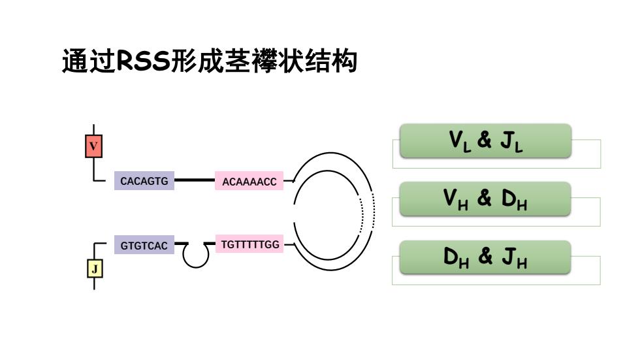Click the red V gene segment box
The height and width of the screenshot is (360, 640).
pyautogui.click(x=93, y=146)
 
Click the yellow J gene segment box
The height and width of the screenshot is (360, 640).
pyautogui.click(x=95, y=269)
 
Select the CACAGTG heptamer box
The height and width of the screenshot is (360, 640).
pyautogui.click(x=144, y=181)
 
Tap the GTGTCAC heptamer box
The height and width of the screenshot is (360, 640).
pyautogui.click(x=144, y=245)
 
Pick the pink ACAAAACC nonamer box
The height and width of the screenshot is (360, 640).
pyautogui.click(x=249, y=181)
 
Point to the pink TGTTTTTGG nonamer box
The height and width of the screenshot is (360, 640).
pyautogui.click(x=249, y=244)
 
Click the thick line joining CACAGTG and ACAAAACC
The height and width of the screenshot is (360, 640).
pyautogui.click(x=195, y=180)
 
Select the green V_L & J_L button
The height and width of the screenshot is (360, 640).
pyautogui.click(x=485, y=141)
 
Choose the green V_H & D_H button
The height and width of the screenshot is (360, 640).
pyautogui.click(x=485, y=199)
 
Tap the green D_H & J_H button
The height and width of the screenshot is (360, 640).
pyautogui.click(x=485, y=257)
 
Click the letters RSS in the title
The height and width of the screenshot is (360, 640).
pyautogui.click(x=143, y=61)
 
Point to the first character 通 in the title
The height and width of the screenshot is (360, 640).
pyautogui.click(x=75, y=61)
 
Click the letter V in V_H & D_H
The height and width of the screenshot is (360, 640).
pyautogui.click(x=450, y=197)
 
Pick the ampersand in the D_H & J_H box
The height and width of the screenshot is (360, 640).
pyautogui.click(x=485, y=256)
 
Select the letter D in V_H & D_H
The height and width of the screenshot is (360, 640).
pyautogui.click(x=509, y=198)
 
